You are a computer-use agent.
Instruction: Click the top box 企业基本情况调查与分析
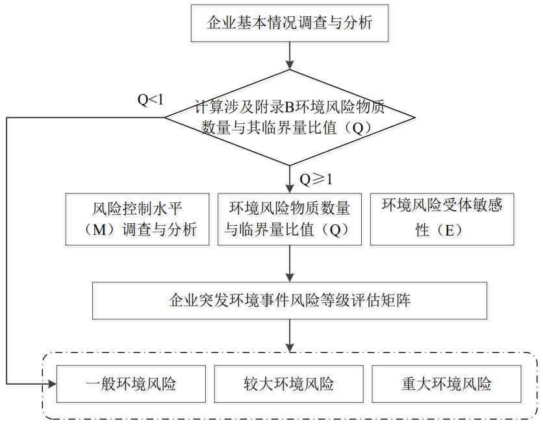[x=290, y=23]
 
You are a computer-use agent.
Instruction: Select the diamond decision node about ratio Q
[x=290, y=117]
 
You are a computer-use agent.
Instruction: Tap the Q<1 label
[x=150, y=100]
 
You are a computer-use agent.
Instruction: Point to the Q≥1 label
[x=316, y=180]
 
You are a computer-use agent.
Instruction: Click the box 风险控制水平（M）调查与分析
[x=138, y=219]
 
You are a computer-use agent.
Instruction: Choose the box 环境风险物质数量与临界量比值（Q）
[x=290, y=219]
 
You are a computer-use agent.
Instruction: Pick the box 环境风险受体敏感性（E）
[x=442, y=219]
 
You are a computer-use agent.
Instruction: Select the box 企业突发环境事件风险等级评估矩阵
[x=290, y=300]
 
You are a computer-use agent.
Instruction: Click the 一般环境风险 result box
[x=131, y=384]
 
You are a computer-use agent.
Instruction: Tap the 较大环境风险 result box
[x=289, y=384]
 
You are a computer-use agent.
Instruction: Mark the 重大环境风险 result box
[x=446, y=384]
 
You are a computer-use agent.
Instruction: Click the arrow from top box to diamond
[x=290, y=56]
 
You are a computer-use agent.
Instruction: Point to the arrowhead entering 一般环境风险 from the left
[x=53, y=384]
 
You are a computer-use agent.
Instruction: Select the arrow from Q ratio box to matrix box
[x=290, y=264]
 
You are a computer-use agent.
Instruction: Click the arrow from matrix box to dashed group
[x=290, y=335]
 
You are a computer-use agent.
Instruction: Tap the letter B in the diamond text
[x=289, y=108]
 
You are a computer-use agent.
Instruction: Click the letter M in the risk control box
[x=99, y=230]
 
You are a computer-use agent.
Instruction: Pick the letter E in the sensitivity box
[x=449, y=230]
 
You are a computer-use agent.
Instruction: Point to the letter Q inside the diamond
[x=358, y=128]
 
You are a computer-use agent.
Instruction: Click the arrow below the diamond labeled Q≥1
[x=290, y=180]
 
